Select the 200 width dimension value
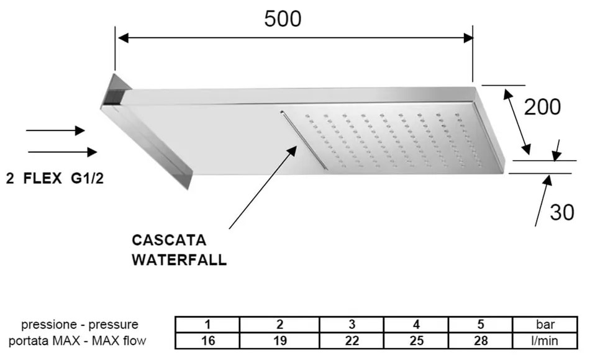(x=542, y=107)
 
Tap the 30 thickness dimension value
(x=562, y=213)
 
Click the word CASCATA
(x=168, y=240)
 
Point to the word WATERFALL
(x=179, y=260)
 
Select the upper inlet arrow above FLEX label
(x=55, y=130)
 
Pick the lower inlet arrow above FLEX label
(x=62, y=151)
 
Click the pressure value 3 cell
(x=352, y=325)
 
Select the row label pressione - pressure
(x=79, y=325)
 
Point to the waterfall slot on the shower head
(x=302, y=138)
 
